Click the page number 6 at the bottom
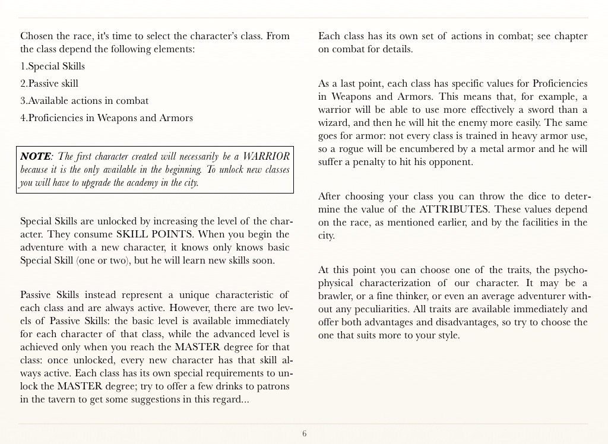(305, 434)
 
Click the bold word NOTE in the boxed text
(35, 156)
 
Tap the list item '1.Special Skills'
(53, 66)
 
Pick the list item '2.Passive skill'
(49, 83)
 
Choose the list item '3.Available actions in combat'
(84, 100)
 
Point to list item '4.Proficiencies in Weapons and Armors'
(106, 118)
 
